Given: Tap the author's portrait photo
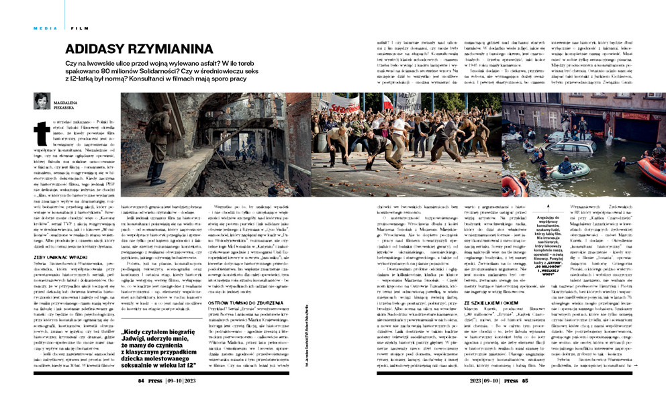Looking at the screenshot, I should pyautogui.click(x=42, y=101).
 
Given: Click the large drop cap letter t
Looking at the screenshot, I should pyautogui.click(x=40, y=132).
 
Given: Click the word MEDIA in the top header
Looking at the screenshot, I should pyautogui.click(x=46, y=28).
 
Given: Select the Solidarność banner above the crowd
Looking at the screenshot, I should pyautogui.click(x=342, y=106).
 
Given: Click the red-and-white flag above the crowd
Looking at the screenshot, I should pyautogui.click(x=387, y=102).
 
